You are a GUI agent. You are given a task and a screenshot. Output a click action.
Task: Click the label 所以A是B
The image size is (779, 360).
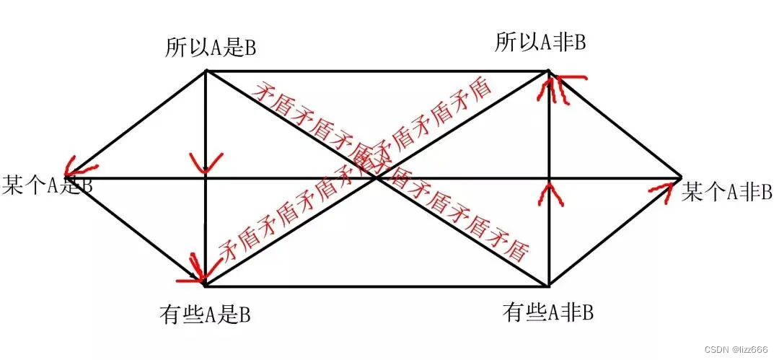[210, 49]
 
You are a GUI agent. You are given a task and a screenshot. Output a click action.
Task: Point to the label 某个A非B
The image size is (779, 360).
[726, 192]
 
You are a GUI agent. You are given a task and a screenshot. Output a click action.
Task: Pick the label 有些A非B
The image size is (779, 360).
[547, 312]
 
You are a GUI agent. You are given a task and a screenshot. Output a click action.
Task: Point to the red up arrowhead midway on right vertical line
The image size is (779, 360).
[550, 191]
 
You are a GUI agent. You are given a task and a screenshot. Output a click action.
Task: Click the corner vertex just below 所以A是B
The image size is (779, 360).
[207, 71]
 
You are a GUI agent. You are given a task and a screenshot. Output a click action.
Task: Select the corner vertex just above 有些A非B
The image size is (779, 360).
[549, 285]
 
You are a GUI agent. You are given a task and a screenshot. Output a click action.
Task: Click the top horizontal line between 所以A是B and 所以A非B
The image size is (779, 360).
[375, 71]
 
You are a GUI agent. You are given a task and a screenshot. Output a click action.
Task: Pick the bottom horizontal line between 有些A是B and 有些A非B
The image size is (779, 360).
[375, 285]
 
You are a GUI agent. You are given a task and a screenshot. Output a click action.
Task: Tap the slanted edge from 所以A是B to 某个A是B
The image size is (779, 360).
[137, 123]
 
